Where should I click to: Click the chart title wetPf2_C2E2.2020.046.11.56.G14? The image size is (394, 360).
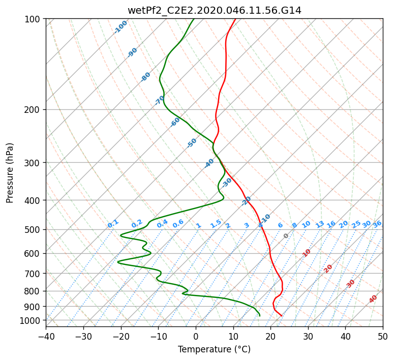coord(214,10)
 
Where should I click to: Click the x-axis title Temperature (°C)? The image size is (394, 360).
coord(214,349)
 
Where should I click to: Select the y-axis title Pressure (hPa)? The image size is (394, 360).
coord(10,173)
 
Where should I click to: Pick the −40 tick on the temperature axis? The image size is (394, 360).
coord(46,336)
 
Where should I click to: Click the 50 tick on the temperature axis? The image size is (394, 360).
coord(383,336)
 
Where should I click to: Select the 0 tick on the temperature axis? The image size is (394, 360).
coord(196,336)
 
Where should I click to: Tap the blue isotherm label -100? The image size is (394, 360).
coord(120,27)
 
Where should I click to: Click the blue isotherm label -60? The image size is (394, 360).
coord(175,122)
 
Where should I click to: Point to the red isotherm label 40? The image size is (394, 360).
coord(373,299)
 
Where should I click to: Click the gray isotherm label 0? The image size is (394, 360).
coord(286,236)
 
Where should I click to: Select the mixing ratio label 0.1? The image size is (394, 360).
coord(113,223)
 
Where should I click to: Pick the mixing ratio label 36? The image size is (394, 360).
coord(377,224)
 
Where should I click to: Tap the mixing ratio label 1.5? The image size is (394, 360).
coord(216,224)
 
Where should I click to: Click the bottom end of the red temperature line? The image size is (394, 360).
coord(282,316)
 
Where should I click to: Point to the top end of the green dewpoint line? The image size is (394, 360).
coord(194,19)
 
